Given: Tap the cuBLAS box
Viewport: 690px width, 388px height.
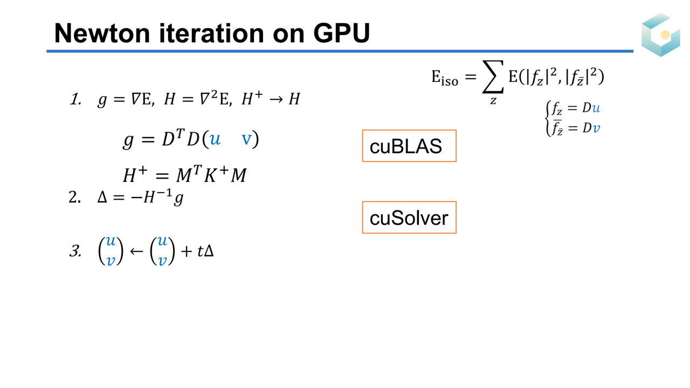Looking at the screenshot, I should pos(409,146).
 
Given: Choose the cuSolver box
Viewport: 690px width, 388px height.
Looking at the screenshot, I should pos(409,217).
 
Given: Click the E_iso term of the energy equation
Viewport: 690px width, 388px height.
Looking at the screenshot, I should pos(445,78).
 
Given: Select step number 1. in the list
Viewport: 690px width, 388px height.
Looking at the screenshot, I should pos(75,99).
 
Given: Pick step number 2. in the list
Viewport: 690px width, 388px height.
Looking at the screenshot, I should pos(74,198).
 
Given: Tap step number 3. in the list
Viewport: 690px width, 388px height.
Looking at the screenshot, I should pos(75,251).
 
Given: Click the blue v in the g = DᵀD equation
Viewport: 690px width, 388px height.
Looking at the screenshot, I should pos(246,139).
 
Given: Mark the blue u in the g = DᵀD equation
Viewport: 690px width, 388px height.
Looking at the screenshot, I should pos(215,140).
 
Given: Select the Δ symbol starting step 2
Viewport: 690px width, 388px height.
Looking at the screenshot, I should pos(102,198).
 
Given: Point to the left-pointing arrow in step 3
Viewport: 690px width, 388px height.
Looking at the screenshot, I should pos(136,251).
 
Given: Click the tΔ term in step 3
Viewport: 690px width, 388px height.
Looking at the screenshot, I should pos(205,251).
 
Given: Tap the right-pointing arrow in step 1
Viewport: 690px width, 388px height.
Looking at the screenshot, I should pos(275,99).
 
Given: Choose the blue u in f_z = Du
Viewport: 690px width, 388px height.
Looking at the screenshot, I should pos(596,108).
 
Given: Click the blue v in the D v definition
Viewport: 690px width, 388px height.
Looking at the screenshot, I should pos(596,128).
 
